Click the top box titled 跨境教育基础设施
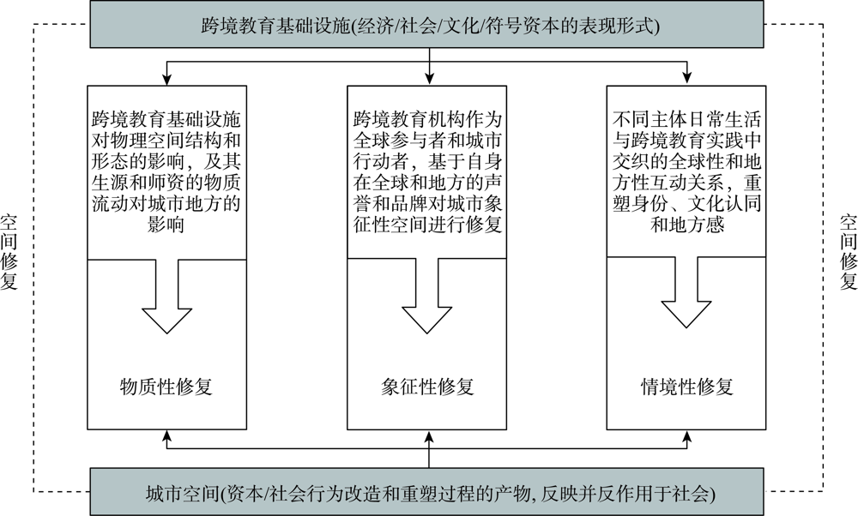(x=426, y=24)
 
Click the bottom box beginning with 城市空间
(x=426, y=491)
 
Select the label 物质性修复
(x=166, y=387)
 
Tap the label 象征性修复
(x=426, y=387)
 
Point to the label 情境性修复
(x=686, y=387)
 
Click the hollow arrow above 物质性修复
(x=167, y=296)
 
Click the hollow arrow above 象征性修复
(x=426, y=296)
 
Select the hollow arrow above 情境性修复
(x=686, y=293)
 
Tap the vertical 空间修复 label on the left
(x=9, y=252)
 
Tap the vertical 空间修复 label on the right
(x=849, y=252)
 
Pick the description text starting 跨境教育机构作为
(x=426, y=171)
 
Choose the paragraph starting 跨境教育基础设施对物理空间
(x=166, y=171)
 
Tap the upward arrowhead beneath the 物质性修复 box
(x=167, y=435)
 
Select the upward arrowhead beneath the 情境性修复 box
(x=686, y=435)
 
